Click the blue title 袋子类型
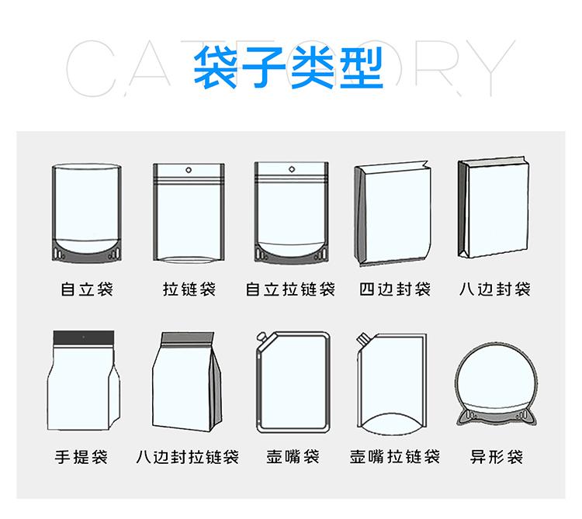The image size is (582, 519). pos(289,67)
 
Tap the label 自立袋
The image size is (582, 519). pos(87,289)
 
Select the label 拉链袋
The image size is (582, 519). pos(189,289)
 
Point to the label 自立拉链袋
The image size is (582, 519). pos(291,289)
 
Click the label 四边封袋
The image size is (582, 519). pos(395,289)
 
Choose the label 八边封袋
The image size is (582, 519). pos(495,289)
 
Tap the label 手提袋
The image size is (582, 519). pos(81,457)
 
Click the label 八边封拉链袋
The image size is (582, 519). pos(188,457)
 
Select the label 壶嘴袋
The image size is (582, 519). pos(293,457)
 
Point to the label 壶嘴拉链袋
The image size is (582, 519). pos(395,457)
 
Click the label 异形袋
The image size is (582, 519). pos(497,457)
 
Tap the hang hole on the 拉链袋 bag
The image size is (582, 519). pos(189,170)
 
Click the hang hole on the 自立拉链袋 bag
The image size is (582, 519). pos(292,170)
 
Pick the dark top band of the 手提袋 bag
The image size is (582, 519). pos(84,337)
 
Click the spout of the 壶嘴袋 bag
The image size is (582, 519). pos(262,337)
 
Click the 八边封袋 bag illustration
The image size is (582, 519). pos(493,207)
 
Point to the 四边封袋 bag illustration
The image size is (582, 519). pos(393,213)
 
